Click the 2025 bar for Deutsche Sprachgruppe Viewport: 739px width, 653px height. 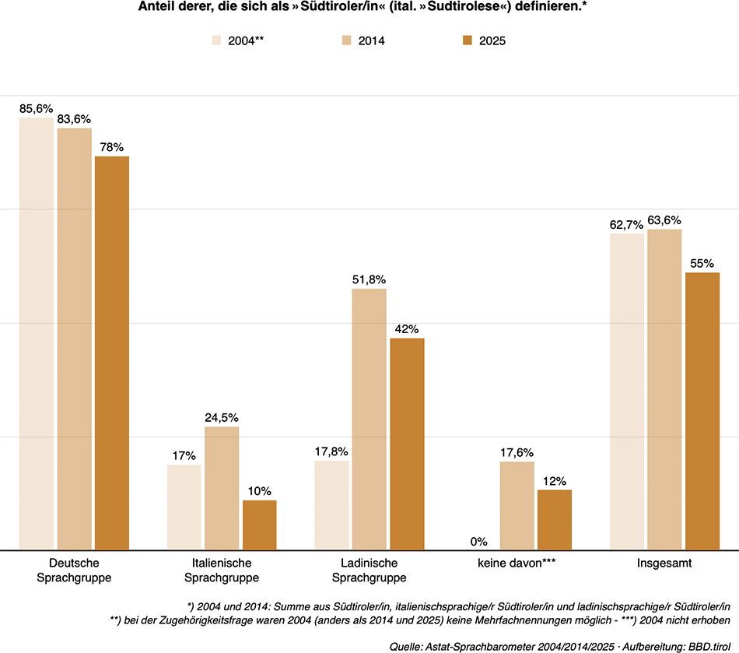(x=112, y=353)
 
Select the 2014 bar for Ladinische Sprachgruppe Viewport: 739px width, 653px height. (x=369, y=419)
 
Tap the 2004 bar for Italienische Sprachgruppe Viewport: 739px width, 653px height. (x=184, y=507)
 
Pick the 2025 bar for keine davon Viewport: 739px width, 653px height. (x=555, y=519)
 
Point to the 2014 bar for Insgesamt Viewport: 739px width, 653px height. (x=664, y=389)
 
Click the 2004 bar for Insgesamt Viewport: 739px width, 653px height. (x=627, y=391)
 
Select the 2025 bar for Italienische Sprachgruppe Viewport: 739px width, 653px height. (x=259, y=525)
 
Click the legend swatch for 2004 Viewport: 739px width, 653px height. (x=217, y=40)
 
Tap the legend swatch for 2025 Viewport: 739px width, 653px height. (x=467, y=40)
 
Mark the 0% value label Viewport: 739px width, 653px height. (x=478, y=541)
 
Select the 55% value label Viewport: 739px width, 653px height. (x=702, y=264)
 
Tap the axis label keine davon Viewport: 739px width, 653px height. (x=517, y=563)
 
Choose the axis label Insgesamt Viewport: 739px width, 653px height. (x=664, y=563)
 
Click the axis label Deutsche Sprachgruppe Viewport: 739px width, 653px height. (x=74, y=570)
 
